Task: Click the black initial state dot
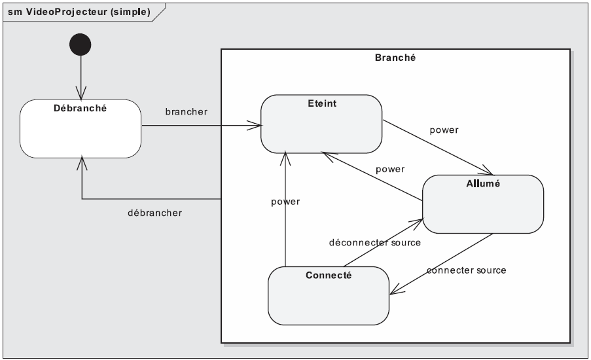coord(80,45)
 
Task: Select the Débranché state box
coord(80,128)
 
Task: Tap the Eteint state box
coord(321,124)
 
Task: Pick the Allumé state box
coord(483,205)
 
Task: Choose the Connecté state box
coord(329,295)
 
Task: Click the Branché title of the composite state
coord(395,58)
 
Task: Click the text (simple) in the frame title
coord(132,12)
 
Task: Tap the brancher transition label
coord(187,111)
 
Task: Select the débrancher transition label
coord(154,213)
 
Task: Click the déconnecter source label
coord(374,242)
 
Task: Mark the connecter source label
coord(466,270)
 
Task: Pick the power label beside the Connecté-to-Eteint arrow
coord(285,202)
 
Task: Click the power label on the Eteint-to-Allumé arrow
coord(444,130)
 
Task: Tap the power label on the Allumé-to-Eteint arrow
coord(389,169)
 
